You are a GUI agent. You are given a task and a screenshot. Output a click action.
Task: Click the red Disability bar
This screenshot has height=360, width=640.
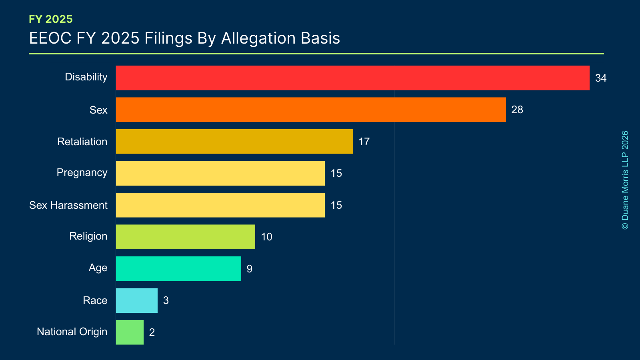pos(352,78)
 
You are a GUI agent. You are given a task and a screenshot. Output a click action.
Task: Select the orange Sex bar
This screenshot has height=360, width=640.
pos(311,110)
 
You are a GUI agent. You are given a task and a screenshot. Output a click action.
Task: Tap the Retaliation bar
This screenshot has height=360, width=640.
pos(234,142)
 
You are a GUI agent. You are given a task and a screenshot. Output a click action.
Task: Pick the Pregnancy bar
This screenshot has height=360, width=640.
pos(220,173)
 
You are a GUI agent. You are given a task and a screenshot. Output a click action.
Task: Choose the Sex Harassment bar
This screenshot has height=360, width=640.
pos(220,205)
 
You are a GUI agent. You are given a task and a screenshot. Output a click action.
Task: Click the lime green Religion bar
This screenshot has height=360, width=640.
pos(185,237)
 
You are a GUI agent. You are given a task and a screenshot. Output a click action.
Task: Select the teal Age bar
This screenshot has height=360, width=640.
pos(178,269)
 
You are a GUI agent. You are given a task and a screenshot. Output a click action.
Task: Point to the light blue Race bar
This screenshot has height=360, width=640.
pos(136,300)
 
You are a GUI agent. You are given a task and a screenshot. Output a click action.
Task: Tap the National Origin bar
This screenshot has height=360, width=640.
pos(130,332)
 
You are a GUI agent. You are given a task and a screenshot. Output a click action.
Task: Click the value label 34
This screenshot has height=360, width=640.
pos(600,78)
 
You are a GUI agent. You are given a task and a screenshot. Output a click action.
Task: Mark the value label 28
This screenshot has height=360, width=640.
pos(517,110)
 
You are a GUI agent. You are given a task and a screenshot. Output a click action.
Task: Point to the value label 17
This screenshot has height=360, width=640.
pos(364,142)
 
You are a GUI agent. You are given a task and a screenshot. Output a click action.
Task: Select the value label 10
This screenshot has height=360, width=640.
pos(266,237)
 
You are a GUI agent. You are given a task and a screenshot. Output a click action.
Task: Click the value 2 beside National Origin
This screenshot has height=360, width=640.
pos(152,332)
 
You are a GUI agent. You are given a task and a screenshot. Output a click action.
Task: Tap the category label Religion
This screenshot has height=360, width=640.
pos(88,236)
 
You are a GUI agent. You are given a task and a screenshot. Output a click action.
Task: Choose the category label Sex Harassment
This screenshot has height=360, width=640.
pos(68,205)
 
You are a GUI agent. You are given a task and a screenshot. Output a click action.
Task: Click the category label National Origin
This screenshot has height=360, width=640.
pos(72,332)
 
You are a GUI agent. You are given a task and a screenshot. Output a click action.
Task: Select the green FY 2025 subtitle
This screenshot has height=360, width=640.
pos(51,19)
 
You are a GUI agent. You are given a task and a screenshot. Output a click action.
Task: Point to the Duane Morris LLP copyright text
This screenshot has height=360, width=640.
pos(625,180)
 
